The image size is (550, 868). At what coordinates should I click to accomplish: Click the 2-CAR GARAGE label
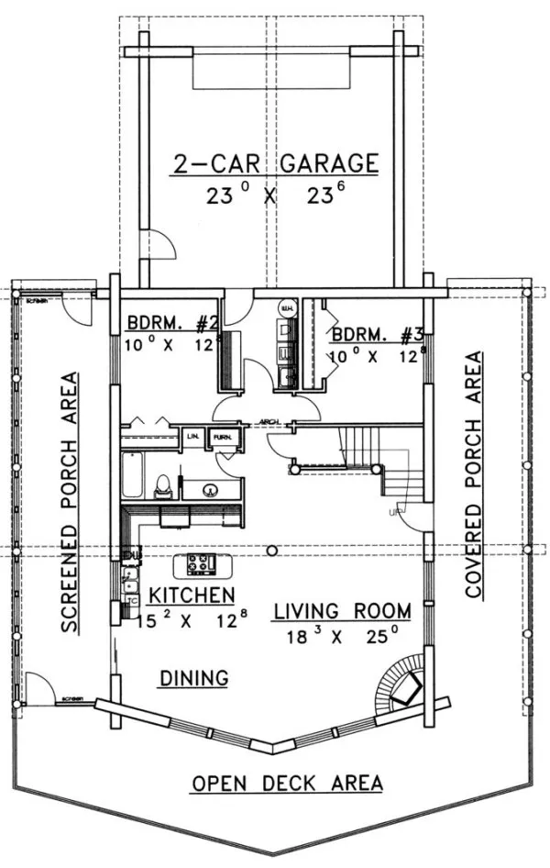275,164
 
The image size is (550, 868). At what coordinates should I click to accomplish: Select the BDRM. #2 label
172,324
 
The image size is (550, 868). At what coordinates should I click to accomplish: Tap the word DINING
193,678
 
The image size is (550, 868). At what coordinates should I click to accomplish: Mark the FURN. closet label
221,437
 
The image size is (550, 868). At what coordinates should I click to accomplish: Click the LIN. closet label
194,437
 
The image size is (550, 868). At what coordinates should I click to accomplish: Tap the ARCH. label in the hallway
269,422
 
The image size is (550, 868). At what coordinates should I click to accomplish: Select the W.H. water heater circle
286,308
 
